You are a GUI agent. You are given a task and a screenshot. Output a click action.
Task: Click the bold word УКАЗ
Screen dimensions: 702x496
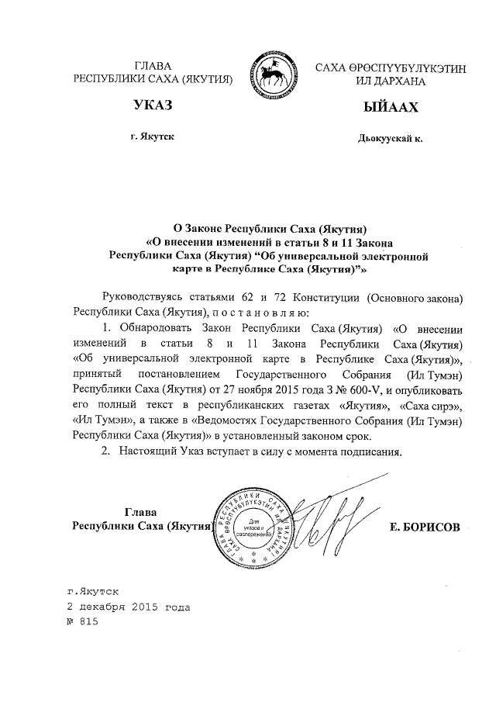152,105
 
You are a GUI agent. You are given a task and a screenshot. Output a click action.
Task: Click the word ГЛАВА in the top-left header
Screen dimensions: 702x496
153,65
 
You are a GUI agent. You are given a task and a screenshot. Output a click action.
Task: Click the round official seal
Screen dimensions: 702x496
253,525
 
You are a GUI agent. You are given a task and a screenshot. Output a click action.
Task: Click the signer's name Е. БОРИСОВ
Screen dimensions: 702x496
425,527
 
